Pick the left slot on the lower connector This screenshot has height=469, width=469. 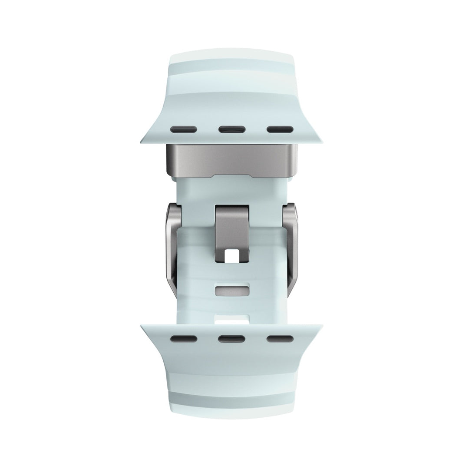(184, 338)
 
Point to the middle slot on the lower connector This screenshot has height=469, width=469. (232, 338)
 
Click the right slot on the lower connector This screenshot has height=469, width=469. (281, 338)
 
